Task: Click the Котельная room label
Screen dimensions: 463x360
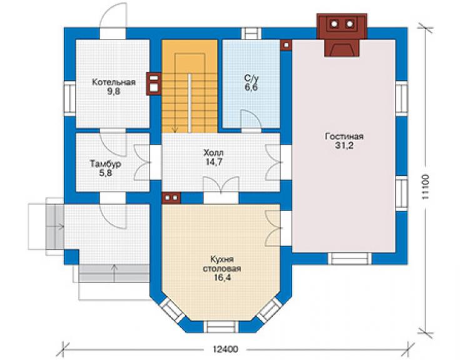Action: [x=114, y=82]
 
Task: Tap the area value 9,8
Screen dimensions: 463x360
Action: [x=114, y=91]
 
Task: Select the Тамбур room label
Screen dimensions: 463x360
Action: [x=105, y=163]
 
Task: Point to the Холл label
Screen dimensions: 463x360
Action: [x=213, y=153]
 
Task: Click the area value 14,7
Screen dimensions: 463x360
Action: [x=213, y=162]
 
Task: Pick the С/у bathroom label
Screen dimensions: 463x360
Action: [x=252, y=78]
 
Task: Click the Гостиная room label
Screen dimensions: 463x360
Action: [x=344, y=136]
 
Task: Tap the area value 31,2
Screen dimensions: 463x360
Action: [x=344, y=146]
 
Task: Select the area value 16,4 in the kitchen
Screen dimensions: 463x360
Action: [x=221, y=278]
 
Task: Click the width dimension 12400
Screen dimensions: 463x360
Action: [x=225, y=349]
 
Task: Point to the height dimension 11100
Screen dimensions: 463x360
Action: [x=425, y=187]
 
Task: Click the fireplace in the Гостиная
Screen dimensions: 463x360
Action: [x=342, y=35]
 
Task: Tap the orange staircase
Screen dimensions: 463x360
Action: [x=190, y=86]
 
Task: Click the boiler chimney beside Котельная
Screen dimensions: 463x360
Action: [x=153, y=84]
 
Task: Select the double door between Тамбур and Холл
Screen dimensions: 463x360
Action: [x=143, y=162]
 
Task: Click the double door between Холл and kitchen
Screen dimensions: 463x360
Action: [x=221, y=185]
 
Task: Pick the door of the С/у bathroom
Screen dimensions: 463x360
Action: [x=251, y=119]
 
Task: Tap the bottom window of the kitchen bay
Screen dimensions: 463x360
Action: [x=221, y=327]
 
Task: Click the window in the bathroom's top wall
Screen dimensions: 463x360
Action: [x=252, y=33]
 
